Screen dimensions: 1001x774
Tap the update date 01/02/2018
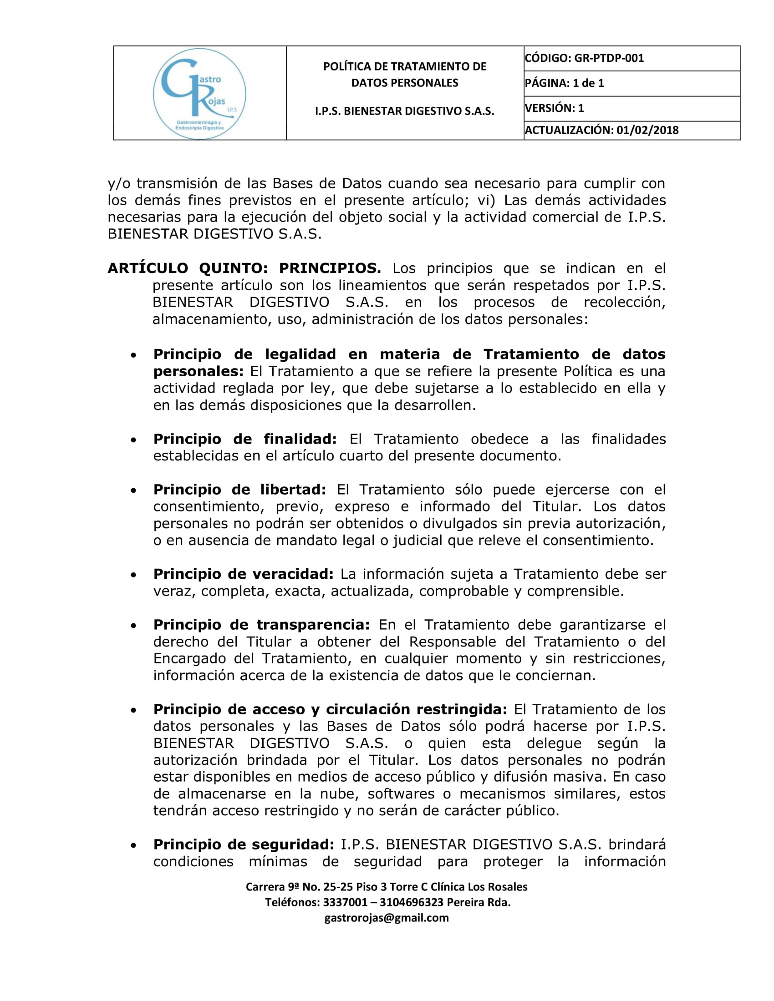(x=647, y=130)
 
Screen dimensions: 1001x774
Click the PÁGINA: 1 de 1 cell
(x=565, y=83)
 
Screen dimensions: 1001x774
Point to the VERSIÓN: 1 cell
(x=555, y=108)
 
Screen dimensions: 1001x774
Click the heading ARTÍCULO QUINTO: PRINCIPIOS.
(x=244, y=268)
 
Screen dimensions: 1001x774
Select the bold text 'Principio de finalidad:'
(x=245, y=439)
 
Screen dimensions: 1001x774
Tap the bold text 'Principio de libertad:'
(x=239, y=490)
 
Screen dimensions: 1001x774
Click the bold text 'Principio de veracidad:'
(x=243, y=574)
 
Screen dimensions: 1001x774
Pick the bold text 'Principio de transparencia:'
(x=261, y=625)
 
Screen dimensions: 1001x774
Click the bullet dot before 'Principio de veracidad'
(x=133, y=575)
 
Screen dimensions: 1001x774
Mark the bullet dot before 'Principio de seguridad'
(x=133, y=845)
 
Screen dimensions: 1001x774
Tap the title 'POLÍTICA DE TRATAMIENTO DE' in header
(x=404, y=66)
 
